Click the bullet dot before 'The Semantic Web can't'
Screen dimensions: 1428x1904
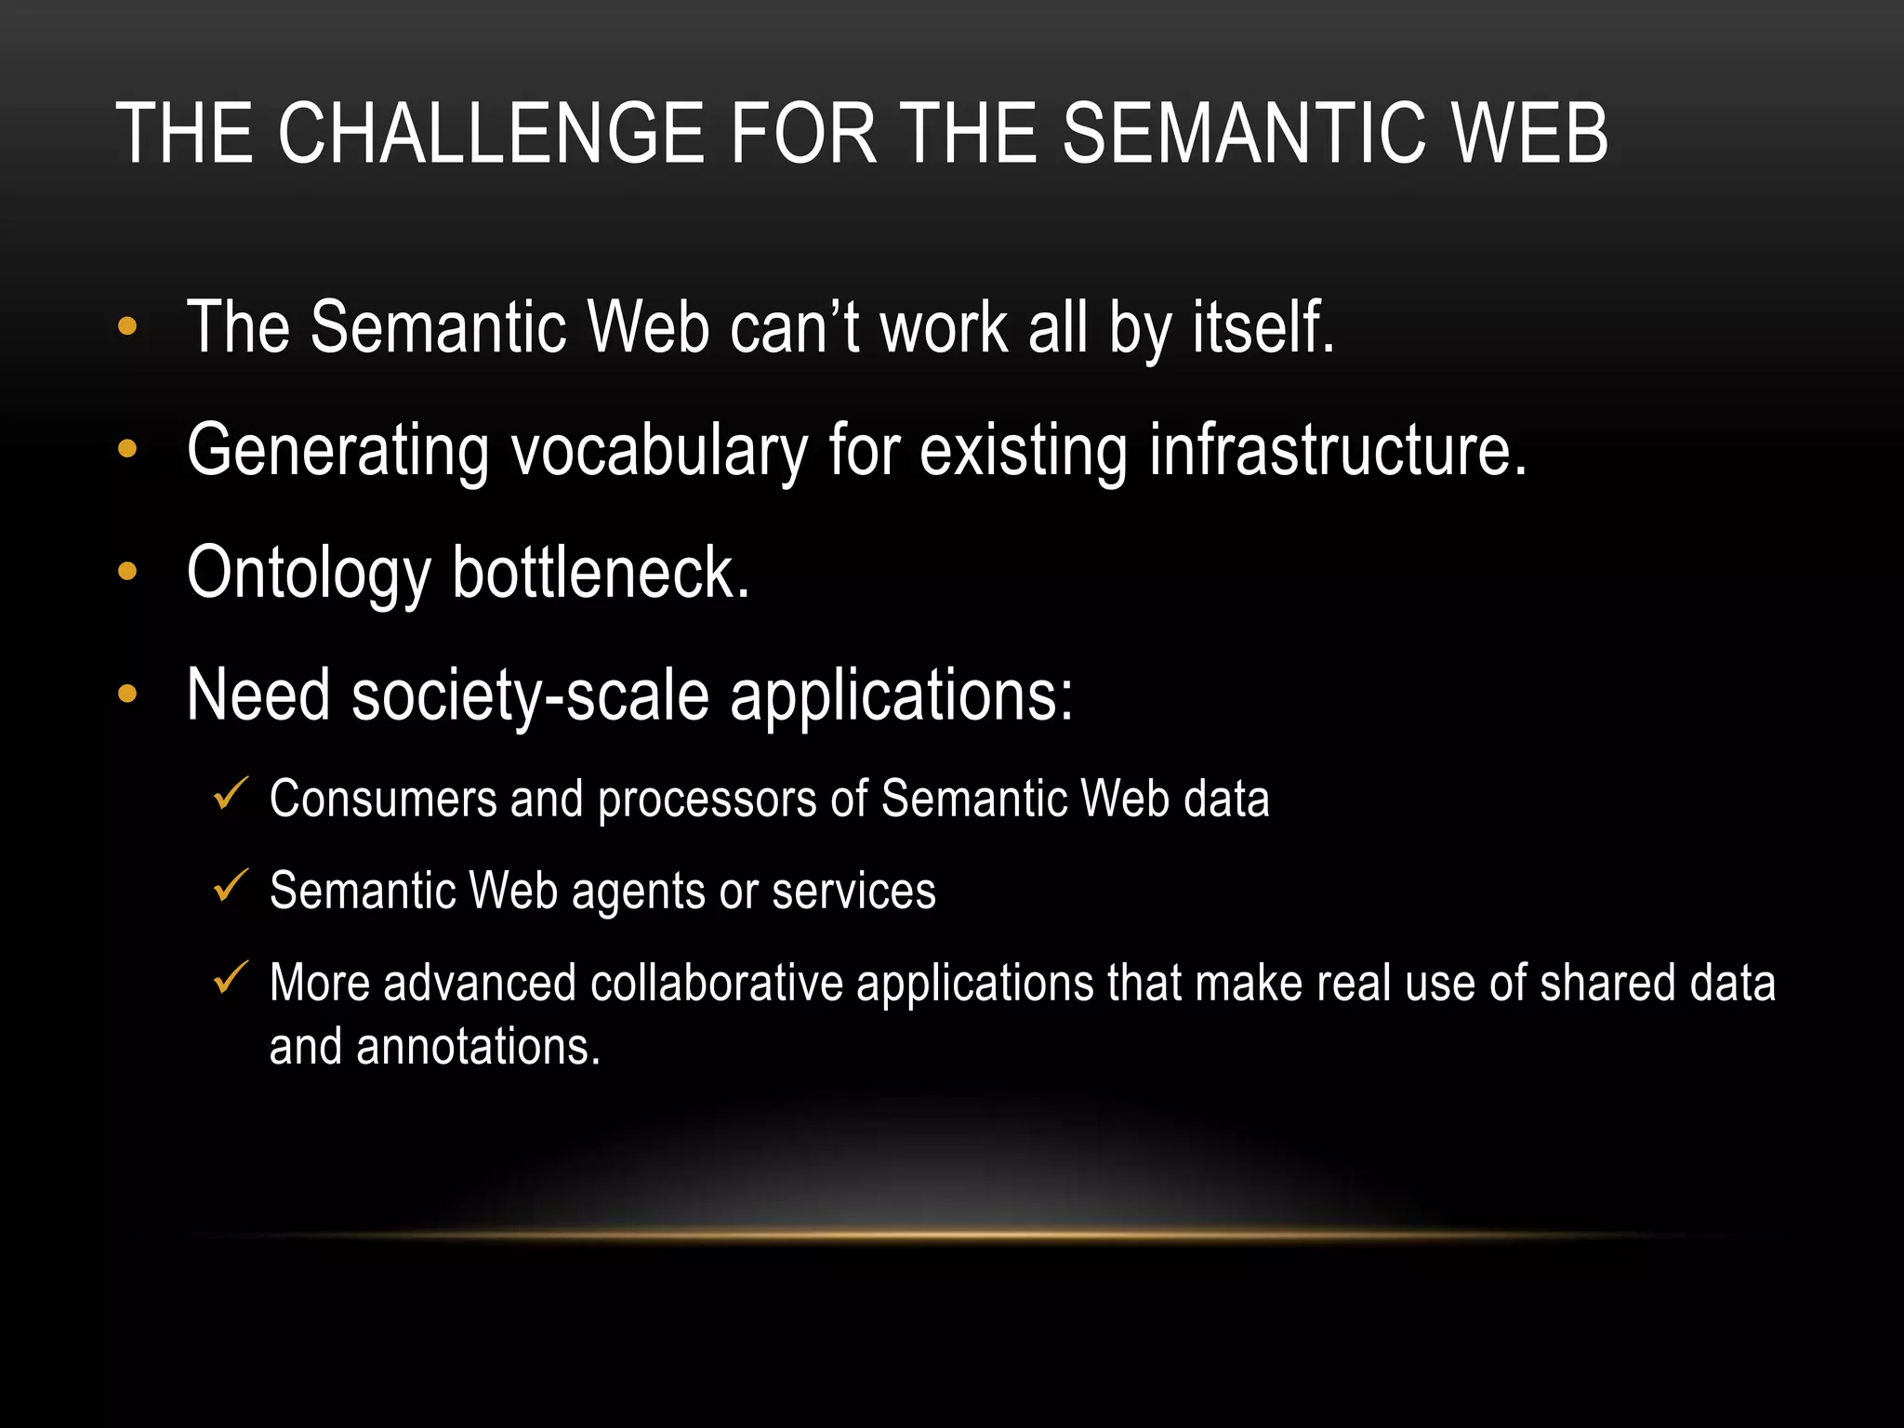coord(127,327)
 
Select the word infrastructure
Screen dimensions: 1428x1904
coord(1338,450)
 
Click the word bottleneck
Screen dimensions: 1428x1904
coord(601,573)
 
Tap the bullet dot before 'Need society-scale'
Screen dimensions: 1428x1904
coord(127,694)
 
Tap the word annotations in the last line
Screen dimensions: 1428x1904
coord(478,1047)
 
